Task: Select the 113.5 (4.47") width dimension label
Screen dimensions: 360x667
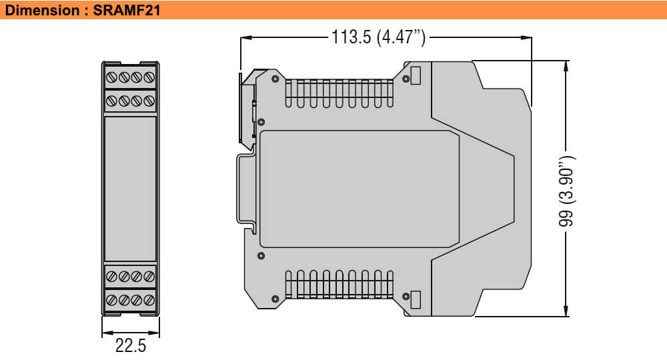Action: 378,37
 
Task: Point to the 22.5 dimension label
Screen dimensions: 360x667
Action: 130,346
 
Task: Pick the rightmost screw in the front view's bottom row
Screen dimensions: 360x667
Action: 149,300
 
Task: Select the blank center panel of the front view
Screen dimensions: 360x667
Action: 130,190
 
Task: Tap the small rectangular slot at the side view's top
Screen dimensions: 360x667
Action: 415,76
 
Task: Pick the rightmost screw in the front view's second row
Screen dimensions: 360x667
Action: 149,102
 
